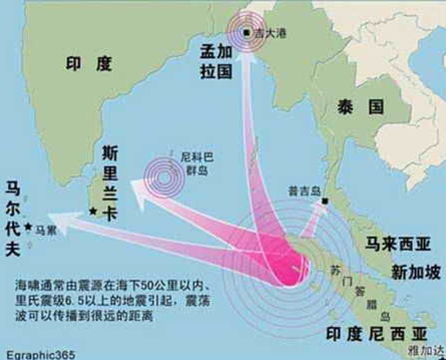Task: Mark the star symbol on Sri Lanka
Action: (x=93, y=211)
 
